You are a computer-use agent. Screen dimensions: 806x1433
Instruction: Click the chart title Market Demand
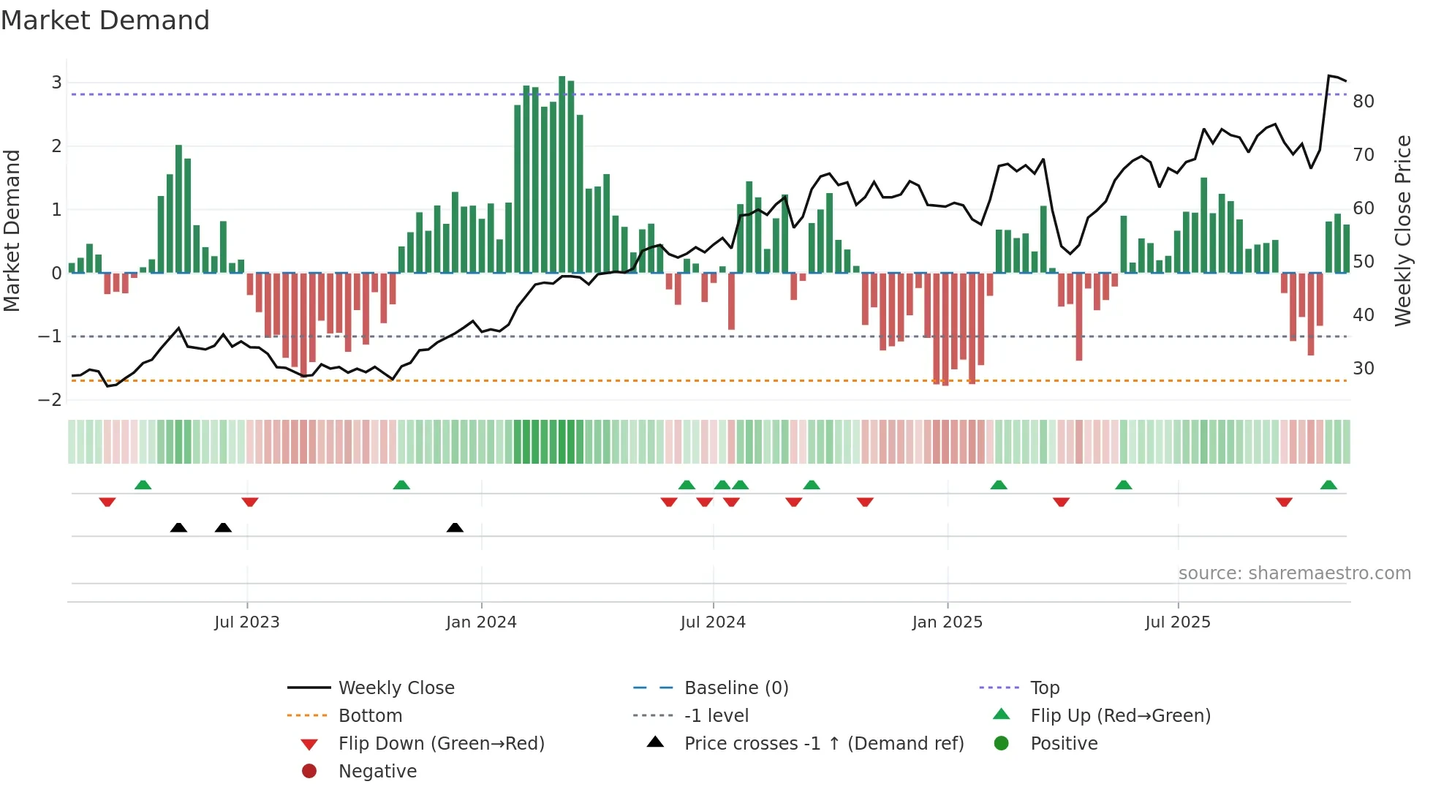click(105, 20)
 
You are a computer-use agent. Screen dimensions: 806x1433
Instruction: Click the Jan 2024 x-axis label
click(481, 622)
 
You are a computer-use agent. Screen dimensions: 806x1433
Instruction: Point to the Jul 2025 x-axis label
click(1177, 622)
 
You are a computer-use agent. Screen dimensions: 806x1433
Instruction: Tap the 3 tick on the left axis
click(56, 83)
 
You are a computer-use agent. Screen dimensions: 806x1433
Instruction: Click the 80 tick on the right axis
click(1363, 102)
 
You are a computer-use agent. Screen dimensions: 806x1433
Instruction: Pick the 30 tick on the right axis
click(1363, 369)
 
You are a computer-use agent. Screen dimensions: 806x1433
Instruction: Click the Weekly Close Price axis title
click(1402, 230)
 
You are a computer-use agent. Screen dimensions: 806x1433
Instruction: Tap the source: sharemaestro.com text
click(1294, 573)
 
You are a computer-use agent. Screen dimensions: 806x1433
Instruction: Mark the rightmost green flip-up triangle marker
click(1328, 485)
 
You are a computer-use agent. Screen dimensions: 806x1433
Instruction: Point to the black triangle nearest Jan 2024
click(455, 527)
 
